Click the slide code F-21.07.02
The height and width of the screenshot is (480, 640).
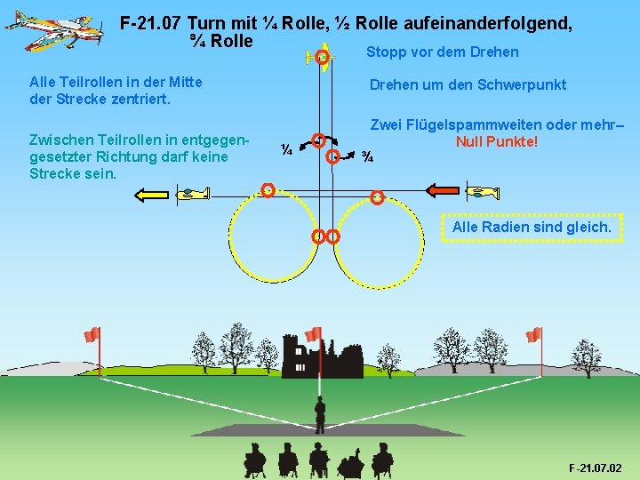(595, 468)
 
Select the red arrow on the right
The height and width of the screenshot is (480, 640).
(444, 189)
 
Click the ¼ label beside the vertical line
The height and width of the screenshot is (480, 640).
(287, 150)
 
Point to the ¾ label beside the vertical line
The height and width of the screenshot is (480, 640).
(367, 157)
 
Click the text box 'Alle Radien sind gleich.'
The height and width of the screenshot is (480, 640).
(532, 227)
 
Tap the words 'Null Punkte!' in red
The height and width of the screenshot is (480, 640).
(497, 142)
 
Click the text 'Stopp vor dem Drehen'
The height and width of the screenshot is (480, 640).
(443, 52)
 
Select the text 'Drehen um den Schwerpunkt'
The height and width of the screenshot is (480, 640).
(468, 84)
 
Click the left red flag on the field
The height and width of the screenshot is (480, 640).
(91, 335)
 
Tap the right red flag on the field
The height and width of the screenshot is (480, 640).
(533, 335)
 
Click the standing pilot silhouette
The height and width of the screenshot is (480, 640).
(320, 414)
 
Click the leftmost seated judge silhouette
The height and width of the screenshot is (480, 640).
(255, 460)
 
